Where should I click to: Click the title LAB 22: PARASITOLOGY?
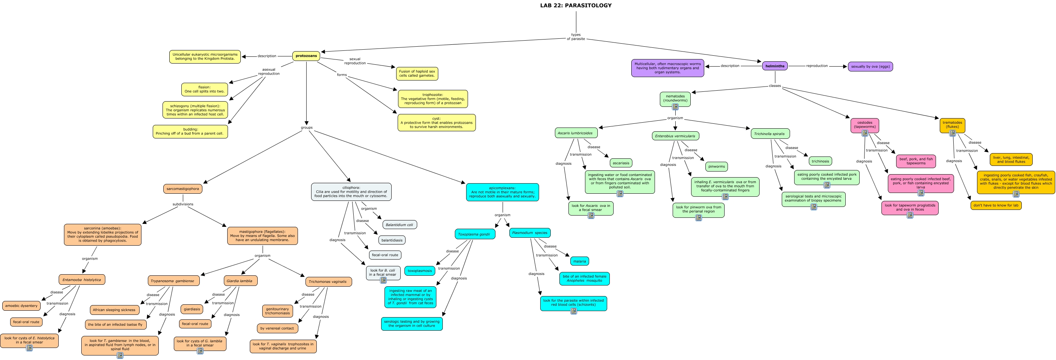coord(576,5)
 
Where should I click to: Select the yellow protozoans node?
coord(306,56)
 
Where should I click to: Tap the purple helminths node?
coord(775,66)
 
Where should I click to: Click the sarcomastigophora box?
coord(183,189)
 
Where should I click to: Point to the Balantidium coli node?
coord(399,225)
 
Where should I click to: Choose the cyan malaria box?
coord(580,261)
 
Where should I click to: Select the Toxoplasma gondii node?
coord(475,234)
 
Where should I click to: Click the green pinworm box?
coord(717,167)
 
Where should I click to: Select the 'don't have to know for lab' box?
coord(996,205)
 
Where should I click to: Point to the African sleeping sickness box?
coord(114,310)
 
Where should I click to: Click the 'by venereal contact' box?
coord(277,328)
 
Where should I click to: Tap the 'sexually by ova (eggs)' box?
coord(870,67)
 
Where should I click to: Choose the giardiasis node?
coord(192,309)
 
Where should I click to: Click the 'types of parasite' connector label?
coord(576,37)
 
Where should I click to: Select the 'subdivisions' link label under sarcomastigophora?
coord(183,204)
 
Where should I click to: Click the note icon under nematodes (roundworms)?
coord(675,107)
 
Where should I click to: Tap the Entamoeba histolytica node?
coord(82,279)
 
